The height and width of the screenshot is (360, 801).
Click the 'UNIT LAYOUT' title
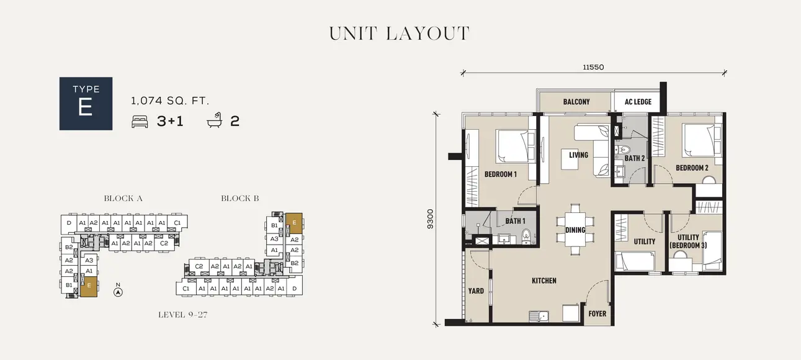click(400, 34)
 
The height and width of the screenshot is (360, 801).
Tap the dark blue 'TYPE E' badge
click(86, 103)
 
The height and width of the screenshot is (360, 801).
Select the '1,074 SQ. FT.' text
click(170, 101)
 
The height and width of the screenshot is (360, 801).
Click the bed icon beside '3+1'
click(140, 122)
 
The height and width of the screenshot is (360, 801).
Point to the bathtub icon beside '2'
click(215, 121)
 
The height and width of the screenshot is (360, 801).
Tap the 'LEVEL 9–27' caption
click(182, 315)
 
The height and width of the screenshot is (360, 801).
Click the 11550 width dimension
click(593, 67)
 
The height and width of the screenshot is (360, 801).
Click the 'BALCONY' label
click(576, 102)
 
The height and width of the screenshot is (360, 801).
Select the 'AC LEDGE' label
click(637, 102)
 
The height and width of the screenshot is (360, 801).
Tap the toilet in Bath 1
click(527, 235)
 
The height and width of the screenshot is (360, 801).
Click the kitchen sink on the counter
click(540, 315)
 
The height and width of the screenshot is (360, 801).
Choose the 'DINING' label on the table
click(575, 230)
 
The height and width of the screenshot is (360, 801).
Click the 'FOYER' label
click(597, 313)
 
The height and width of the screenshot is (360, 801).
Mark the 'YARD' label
click(476, 290)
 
